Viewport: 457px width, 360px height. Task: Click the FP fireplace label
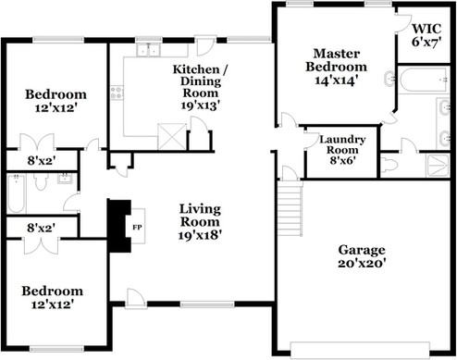click(137, 226)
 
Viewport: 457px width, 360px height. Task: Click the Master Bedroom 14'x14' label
click(336, 67)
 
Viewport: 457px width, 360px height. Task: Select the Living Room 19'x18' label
click(201, 222)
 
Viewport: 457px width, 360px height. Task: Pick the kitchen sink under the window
click(148, 50)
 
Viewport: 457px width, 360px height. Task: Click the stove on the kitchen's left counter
click(117, 93)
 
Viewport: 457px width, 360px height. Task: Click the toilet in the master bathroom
click(389, 164)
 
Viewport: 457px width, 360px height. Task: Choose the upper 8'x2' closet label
click(40, 161)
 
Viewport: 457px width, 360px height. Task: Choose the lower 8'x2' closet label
click(40, 226)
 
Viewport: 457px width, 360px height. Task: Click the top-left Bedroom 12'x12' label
click(56, 101)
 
